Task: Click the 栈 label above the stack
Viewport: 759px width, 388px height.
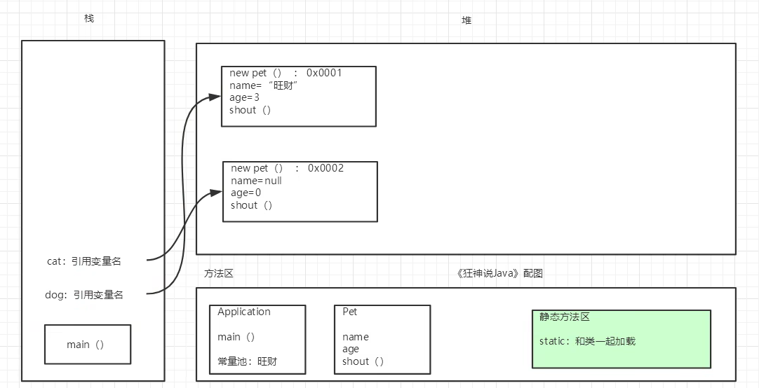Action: pos(89,18)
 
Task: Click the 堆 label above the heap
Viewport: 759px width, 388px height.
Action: pos(466,20)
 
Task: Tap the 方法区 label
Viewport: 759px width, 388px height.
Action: pos(218,274)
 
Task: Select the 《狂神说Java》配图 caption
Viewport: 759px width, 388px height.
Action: pos(499,274)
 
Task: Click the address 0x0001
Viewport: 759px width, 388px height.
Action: pos(324,73)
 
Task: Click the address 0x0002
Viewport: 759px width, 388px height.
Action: pos(325,168)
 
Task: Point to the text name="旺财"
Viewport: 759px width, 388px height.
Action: pos(265,85)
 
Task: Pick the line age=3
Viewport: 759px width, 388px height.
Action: pos(244,98)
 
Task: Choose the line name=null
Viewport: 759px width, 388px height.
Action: pos(256,181)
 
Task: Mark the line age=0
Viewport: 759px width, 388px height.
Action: pos(246,193)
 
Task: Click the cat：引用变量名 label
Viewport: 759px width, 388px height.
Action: pos(83,261)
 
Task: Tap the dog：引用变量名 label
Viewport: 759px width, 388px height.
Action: pos(83,296)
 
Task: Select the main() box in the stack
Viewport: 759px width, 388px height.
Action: pos(87,345)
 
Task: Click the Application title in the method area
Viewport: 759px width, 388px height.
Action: pos(244,312)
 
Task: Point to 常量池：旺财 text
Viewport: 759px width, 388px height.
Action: pos(247,361)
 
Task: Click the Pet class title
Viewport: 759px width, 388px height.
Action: pos(349,312)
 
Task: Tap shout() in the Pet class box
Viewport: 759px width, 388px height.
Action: pos(363,361)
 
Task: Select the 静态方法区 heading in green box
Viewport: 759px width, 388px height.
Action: pos(565,317)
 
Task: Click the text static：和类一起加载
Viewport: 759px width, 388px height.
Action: pos(587,342)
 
